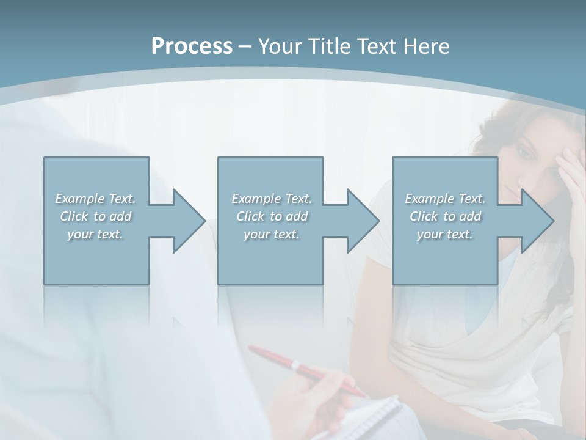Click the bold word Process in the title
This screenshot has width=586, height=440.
pyautogui.click(x=192, y=46)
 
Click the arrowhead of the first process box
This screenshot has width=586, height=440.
pyautogui.click(x=187, y=221)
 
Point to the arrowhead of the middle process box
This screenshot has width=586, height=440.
pyautogui.click(x=361, y=221)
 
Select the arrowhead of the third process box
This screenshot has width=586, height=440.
pyautogui.click(x=536, y=221)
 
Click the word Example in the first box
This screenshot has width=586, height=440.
pyautogui.click(x=79, y=199)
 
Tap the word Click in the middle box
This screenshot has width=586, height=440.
pyautogui.click(x=249, y=216)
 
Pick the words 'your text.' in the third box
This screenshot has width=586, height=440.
pyautogui.click(x=445, y=234)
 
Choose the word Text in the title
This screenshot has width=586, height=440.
pyautogui.click(x=375, y=46)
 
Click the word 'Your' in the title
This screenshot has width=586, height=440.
pyautogui.click(x=279, y=46)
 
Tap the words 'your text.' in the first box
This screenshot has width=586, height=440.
pyautogui.click(x=95, y=234)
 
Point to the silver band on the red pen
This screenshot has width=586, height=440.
pyautogui.click(x=295, y=365)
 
